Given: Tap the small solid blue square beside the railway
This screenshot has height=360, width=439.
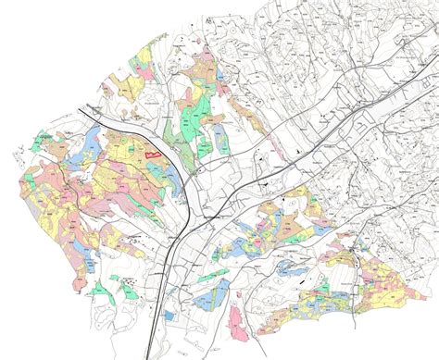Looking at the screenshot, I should coord(169,316).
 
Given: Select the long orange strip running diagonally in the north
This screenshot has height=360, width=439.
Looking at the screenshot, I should coord(244,114).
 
